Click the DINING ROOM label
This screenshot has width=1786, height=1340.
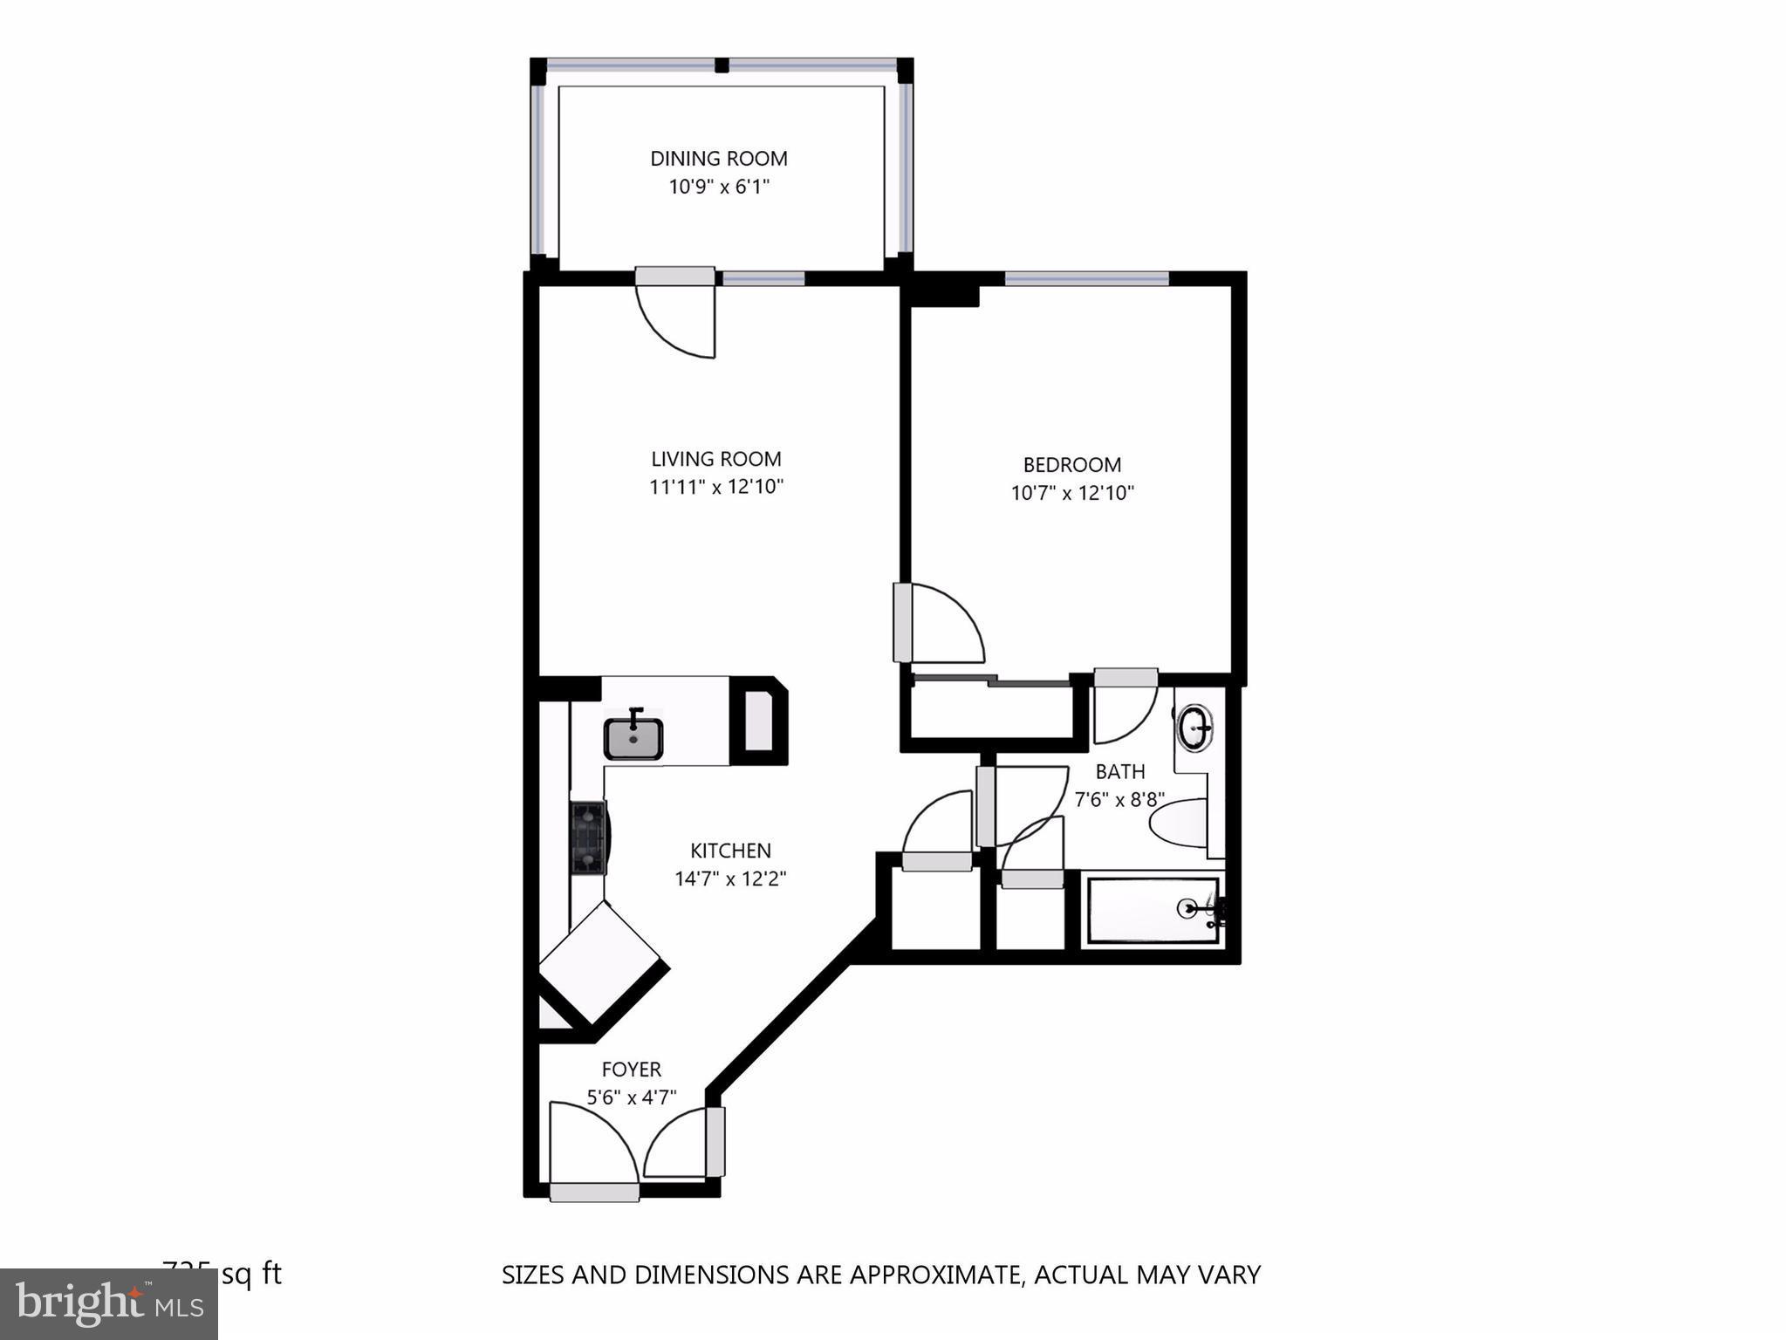pos(718,159)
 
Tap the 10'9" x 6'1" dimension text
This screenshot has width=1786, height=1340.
pos(718,187)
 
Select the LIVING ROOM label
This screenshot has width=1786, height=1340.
pos(716,459)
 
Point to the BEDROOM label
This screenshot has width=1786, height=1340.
pos(1071,465)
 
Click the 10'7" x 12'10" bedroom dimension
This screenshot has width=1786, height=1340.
pos(1071,493)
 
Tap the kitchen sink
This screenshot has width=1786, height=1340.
pos(633,738)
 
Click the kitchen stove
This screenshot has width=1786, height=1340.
pos(589,837)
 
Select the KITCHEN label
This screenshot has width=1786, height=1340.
pos(730,851)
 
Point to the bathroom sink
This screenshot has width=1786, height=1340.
pos(1195,728)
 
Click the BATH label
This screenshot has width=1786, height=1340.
pos(1119,772)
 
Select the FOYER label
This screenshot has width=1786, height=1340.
pos(631,1070)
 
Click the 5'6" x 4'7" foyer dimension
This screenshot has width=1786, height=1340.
pos(631,1097)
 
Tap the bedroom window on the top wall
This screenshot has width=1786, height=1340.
pos(1086,279)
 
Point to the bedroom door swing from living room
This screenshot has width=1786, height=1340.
pos(942,623)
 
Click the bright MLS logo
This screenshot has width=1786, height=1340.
pos(109,1304)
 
